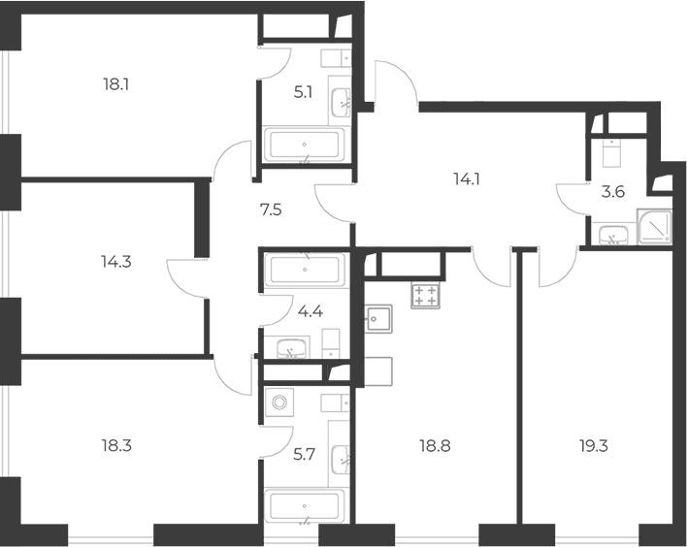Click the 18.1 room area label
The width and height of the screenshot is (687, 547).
point(115,84)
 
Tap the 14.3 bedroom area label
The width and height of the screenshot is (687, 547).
point(116,262)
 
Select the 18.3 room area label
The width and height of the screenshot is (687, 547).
point(116,446)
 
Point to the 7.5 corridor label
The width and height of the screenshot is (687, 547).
point(271,210)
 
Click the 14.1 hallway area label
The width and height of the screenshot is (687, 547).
point(467,178)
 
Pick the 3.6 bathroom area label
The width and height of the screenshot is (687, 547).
point(613,192)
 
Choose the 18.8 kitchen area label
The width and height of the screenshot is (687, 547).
point(435,446)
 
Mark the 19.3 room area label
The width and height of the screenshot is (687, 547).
point(593,446)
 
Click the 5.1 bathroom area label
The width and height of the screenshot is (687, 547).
point(303,93)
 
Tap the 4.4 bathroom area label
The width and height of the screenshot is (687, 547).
point(311,312)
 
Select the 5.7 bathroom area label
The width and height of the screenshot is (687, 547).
point(304,455)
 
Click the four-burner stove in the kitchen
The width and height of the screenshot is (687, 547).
point(425,296)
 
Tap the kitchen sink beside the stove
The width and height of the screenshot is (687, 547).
point(378,319)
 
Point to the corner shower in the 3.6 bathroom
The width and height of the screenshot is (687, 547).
point(655,226)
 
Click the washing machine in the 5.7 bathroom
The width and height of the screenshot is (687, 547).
point(278,402)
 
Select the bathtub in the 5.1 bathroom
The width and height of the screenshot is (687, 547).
point(305,145)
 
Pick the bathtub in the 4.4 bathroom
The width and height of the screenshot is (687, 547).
point(305,271)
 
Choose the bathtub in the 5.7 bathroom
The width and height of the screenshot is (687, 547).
point(305,506)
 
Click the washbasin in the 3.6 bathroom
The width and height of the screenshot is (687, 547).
point(612,235)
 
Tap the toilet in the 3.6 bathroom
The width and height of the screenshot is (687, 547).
point(611,153)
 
